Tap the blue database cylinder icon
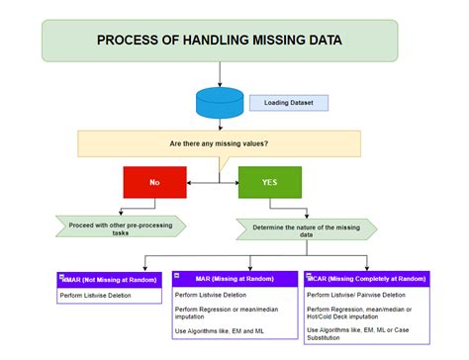219,103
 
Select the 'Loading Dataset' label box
288,102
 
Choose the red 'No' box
153,182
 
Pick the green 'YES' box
270,182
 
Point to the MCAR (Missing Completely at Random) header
367,280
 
